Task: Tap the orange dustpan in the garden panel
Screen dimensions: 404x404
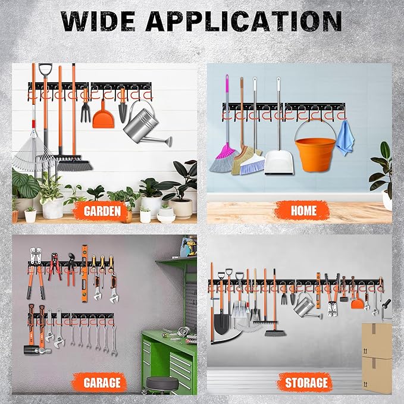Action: (x=102, y=117)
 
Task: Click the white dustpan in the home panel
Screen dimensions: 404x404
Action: (x=278, y=162)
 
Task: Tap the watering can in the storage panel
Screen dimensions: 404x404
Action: (x=305, y=306)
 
